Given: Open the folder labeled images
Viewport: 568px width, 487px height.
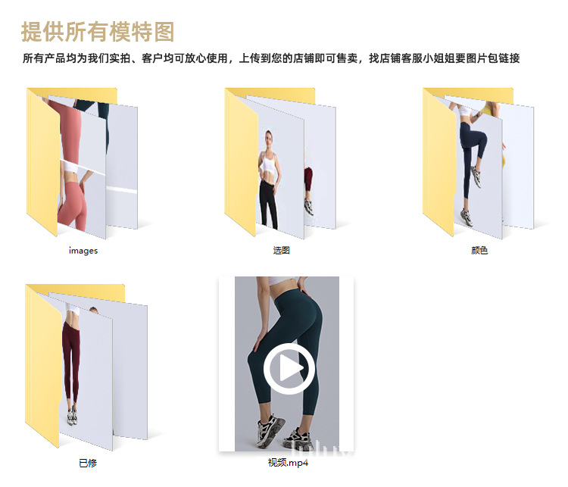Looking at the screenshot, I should [82, 163].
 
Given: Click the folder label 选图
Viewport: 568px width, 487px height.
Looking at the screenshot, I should [281, 251].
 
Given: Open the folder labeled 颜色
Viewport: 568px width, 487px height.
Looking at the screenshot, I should [479, 163].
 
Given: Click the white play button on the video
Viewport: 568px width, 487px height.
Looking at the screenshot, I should [289, 369].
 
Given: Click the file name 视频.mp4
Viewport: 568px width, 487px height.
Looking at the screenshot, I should [288, 463].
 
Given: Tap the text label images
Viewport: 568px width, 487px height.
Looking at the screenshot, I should [83, 251].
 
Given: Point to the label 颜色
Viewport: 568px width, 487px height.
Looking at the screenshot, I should [479, 251].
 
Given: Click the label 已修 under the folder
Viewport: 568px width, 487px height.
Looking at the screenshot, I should [88, 463].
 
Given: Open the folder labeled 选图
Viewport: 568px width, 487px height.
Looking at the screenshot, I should [280, 163].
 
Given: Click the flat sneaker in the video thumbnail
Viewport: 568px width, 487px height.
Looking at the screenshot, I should [296, 438].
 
